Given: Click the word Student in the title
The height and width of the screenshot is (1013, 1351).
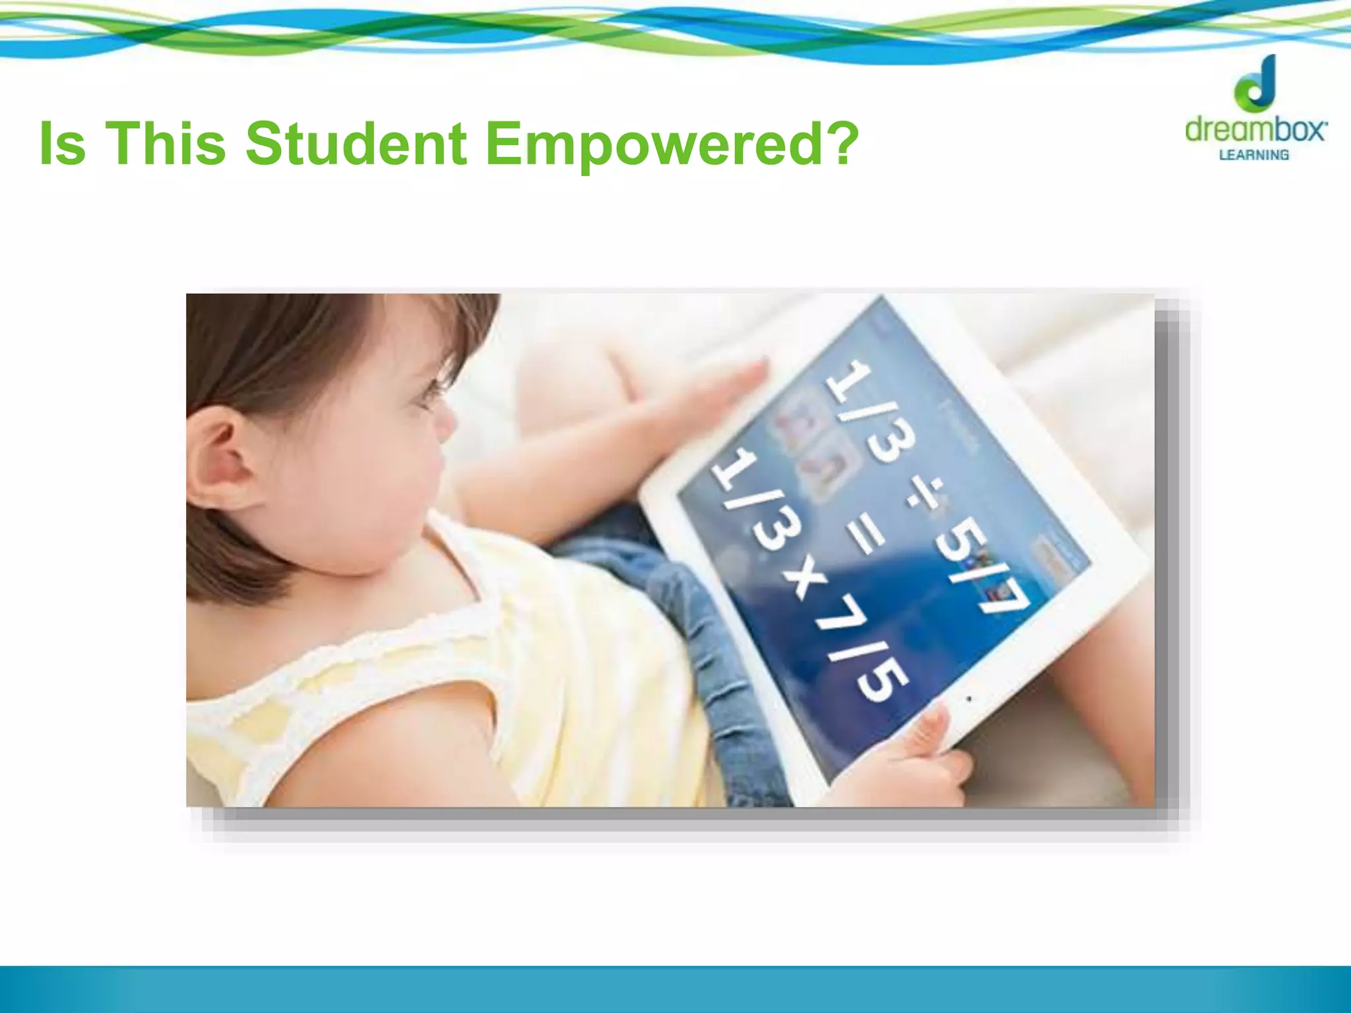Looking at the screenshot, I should (x=356, y=143).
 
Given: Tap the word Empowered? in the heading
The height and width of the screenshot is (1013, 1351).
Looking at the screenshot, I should (x=672, y=144).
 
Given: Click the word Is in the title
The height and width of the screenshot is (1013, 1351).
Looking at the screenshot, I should (x=63, y=143).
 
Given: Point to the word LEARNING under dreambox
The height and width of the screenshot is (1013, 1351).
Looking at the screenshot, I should (x=1253, y=155).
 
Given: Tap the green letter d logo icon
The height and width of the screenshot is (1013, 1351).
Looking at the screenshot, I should (x=1257, y=84).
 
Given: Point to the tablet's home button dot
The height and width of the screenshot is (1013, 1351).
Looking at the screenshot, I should (x=968, y=698).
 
